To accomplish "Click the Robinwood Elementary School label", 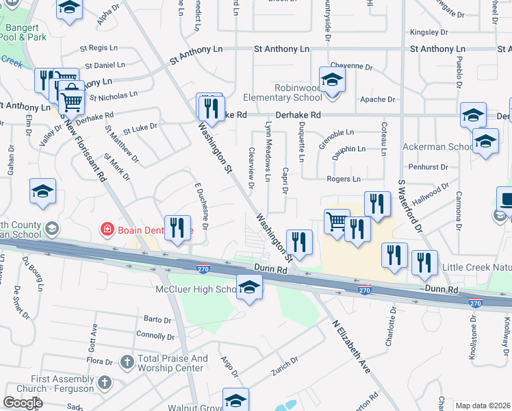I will pos(297,92).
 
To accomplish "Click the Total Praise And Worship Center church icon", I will pos(127,361).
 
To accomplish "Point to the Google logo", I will pos(23,403).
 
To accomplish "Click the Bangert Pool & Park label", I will pos(24,32).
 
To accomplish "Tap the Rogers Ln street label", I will pos(344,179).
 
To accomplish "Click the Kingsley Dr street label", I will pos(428,32).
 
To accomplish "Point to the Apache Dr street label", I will pos(378,99).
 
